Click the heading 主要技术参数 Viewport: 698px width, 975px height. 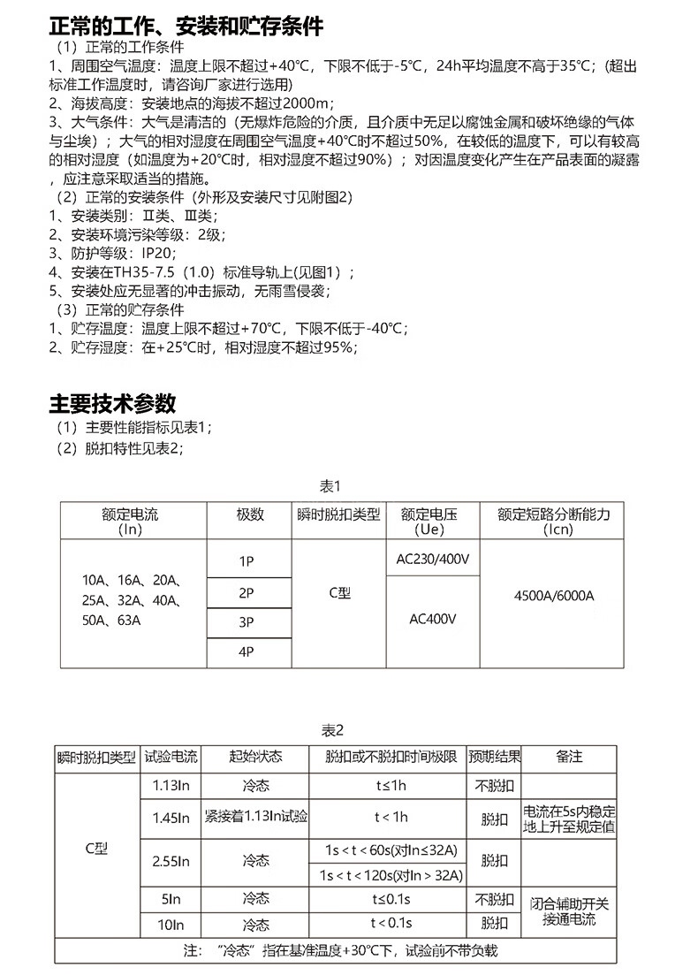[112, 404]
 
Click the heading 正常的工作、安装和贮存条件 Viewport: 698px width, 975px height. [186, 26]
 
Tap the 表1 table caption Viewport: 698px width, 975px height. [330, 486]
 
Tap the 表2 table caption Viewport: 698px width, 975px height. [331, 730]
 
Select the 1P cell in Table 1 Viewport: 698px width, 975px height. [247, 561]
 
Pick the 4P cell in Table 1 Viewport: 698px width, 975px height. [247, 652]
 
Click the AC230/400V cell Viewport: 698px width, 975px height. [433, 559]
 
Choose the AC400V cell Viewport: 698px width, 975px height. [433, 619]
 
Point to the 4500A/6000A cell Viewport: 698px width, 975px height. [554, 595]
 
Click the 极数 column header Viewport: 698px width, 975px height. [249, 514]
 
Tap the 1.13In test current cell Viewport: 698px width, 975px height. [171, 785]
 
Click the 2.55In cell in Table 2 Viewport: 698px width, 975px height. [171, 859]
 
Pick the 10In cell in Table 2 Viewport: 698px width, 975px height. [171, 925]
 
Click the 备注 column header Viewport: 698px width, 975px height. [570, 758]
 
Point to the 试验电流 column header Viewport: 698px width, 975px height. [171, 758]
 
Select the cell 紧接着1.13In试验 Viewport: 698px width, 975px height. [256, 816]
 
